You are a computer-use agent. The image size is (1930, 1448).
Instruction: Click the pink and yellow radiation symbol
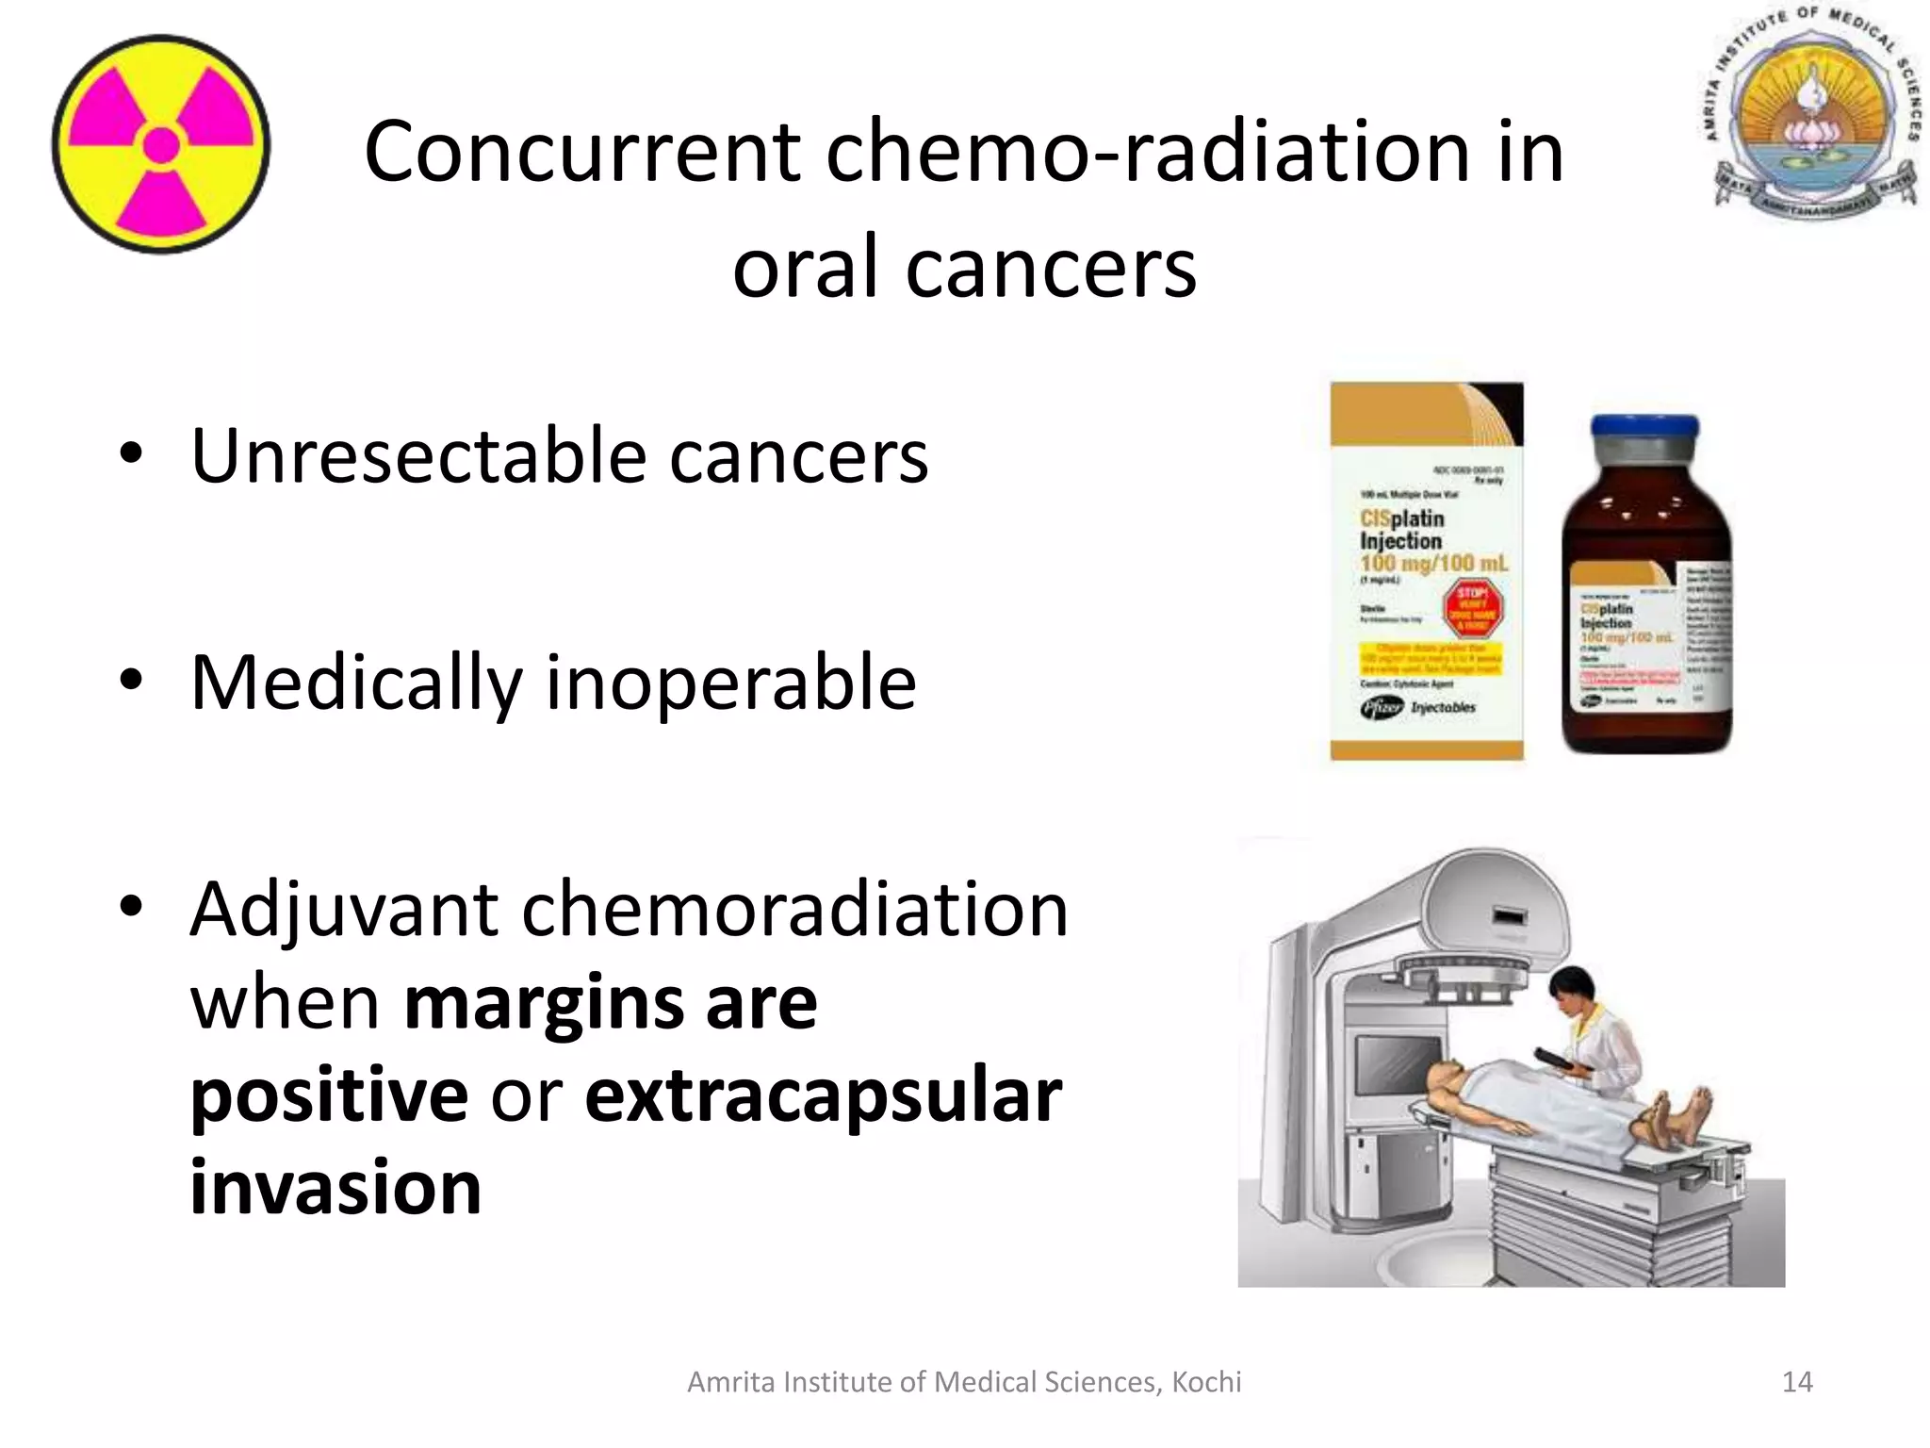point(161,144)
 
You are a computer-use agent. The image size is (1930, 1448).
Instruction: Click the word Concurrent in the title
point(581,153)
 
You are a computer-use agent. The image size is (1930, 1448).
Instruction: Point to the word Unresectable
point(417,456)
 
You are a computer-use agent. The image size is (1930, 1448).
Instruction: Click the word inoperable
point(730,683)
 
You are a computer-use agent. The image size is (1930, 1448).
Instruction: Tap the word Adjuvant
point(344,911)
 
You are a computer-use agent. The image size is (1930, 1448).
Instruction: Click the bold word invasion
point(335,1188)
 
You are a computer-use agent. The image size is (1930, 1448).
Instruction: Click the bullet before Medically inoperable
point(131,680)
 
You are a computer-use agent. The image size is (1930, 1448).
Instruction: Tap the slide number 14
point(1797,1382)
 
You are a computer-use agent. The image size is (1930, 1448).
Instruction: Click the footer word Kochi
point(1206,1382)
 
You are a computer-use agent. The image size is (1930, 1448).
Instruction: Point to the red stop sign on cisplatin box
point(1472,609)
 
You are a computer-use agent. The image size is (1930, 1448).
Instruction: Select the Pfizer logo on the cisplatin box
point(1382,708)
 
